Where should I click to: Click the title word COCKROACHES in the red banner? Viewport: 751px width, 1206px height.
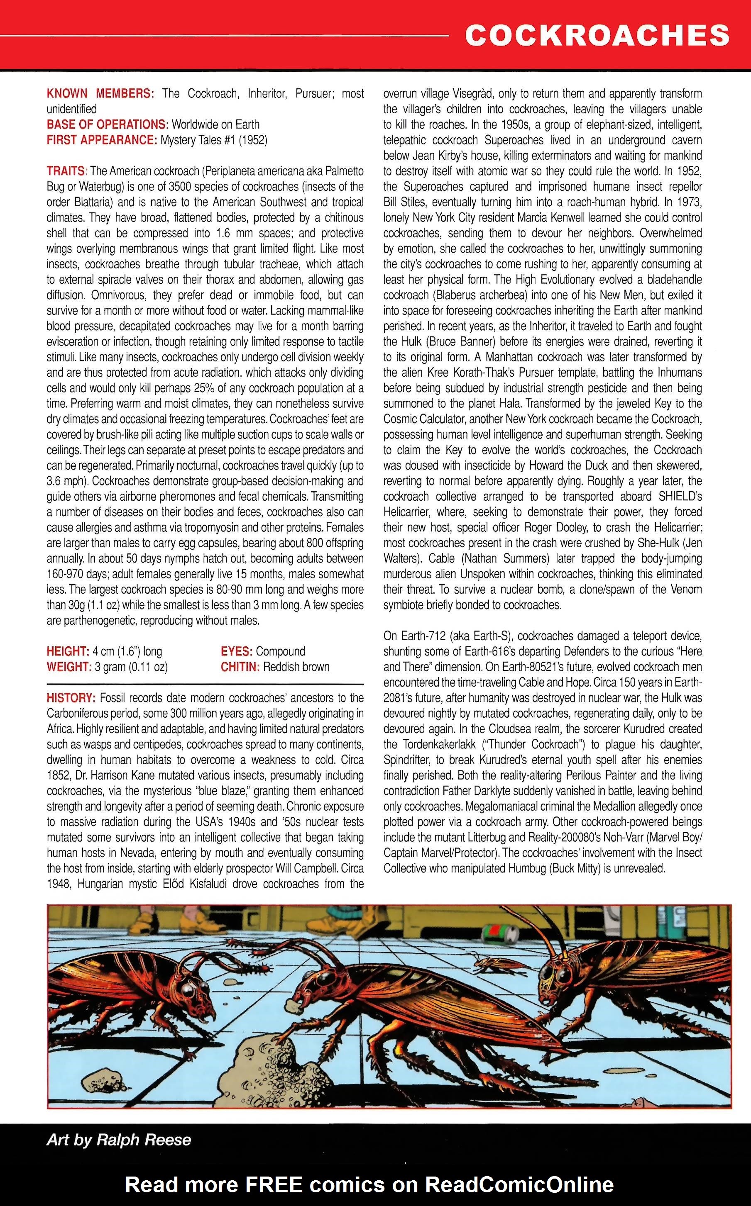(x=597, y=36)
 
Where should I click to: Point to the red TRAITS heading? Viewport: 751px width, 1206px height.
(x=67, y=171)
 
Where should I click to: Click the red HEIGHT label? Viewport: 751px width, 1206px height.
(x=68, y=651)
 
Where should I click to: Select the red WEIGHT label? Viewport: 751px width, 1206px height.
(x=68, y=667)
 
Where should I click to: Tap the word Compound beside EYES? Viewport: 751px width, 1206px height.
(x=280, y=651)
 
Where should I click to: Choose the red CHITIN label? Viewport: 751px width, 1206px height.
(x=240, y=667)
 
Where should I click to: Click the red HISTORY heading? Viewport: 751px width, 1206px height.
(x=71, y=698)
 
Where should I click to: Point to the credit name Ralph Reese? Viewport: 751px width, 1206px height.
(x=144, y=1140)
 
